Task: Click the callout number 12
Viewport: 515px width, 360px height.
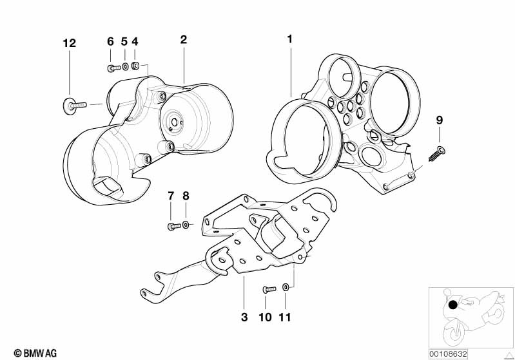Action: tap(69, 44)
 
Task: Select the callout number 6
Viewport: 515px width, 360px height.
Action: tap(110, 42)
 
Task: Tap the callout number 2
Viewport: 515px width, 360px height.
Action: tap(184, 40)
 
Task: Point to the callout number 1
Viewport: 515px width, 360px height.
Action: tap(290, 39)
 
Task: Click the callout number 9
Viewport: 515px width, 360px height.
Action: tap(440, 120)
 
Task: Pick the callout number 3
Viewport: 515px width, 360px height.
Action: tap(244, 317)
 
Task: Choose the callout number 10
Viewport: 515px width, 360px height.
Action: tap(266, 317)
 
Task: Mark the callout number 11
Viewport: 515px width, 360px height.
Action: tap(285, 317)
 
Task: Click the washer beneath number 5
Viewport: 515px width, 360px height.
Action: tap(125, 66)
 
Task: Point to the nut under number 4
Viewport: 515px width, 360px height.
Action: tap(136, 65)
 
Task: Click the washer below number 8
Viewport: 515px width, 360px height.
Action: tap(186, 225)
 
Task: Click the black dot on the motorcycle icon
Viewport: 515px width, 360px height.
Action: tap(454, 305)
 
